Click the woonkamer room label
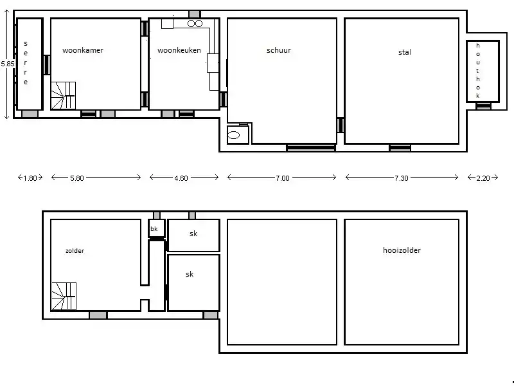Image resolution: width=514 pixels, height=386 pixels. (83, 50)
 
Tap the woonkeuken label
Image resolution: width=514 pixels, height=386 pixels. (179, 50)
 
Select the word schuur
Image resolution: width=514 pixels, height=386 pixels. (279, 50)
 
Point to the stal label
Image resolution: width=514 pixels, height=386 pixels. (405, 52)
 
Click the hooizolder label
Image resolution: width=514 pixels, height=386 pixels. (402, 250)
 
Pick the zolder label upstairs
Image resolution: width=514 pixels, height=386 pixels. (75, 251)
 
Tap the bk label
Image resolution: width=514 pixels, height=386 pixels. (154, 229)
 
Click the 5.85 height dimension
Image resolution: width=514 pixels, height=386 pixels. (8, 64)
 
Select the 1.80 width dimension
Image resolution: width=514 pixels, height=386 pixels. (30, 178)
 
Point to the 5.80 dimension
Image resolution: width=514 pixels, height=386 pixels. (77, 178)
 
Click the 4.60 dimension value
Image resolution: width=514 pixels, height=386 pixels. (181, 178)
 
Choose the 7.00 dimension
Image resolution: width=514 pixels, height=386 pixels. (283, 178)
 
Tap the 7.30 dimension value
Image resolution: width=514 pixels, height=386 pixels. (401, 178)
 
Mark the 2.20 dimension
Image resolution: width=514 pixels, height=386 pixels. (483, 178)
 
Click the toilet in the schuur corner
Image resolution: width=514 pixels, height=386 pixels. (233, 135)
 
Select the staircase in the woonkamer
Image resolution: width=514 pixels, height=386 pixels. (63, 95)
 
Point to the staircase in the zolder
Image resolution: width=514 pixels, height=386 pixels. (64, 297)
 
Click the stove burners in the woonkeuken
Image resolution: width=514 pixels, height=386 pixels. (195, 23)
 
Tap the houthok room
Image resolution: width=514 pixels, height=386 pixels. (483, 71)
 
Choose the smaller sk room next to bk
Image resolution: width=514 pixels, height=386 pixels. (193, 235)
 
